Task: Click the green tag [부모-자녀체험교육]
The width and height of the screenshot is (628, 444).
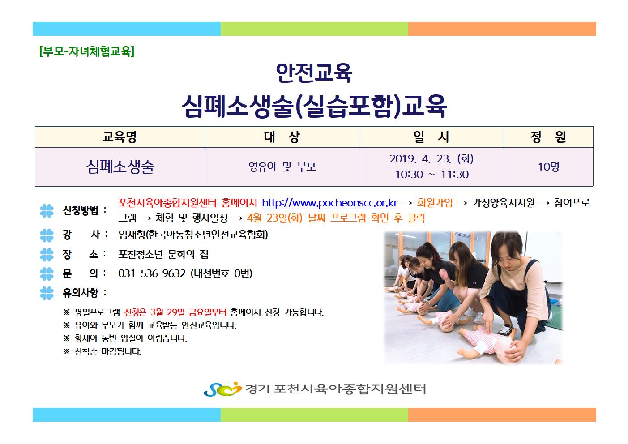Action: pos(87,51)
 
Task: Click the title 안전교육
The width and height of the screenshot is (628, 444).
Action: pos(314,73)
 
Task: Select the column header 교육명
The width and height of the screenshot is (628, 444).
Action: pos(120,137)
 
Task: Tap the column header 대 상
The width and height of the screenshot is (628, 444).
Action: pos(282,137)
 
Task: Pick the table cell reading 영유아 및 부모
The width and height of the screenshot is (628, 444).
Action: pos(282,167)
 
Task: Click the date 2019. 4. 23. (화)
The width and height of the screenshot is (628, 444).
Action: pos(431,159)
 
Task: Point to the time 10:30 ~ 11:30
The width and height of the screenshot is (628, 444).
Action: pos(432,175)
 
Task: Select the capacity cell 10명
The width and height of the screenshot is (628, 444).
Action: pos(548,167)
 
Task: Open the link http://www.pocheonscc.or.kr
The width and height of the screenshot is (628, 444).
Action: pos(330,203)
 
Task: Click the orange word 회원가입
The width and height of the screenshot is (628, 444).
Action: pos(435,202)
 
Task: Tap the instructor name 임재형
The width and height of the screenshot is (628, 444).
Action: pos(132,235)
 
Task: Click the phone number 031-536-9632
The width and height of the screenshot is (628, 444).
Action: pos(152,273)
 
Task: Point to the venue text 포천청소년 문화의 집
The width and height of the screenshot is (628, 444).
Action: pos(163,254)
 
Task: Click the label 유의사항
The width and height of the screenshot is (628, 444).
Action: pos(81,293)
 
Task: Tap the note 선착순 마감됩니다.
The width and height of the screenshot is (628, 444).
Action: pos(108,351)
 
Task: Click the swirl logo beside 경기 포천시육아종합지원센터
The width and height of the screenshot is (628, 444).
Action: pos(222,389)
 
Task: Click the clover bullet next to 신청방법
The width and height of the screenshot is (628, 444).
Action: pos(47,211)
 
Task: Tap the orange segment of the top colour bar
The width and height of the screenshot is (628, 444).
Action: pos(502,29)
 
